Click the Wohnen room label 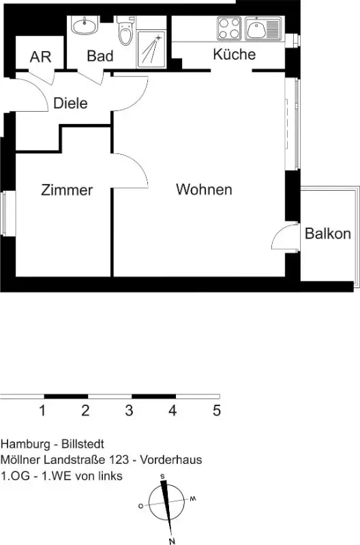(x=204, y=189)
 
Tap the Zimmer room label (x=67, y=190)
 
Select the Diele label (x=70, y=104)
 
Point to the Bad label (x=100, y=56)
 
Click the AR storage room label (x=40, y=57)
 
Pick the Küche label (x=234, y=54)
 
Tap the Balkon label (x=328, y=234)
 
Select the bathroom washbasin (x=83, y=25)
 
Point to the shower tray (x=151, y=49)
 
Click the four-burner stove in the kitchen (x=229, y=28)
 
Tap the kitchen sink (x=263, y=29)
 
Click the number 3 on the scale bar (x=129, y=411)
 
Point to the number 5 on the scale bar (x=217, y=411)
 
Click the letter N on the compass (x=172, y=541)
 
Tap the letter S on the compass (x=162, y=476)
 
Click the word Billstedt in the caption (x=82, y=444)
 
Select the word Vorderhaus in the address (x=170, y=459)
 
